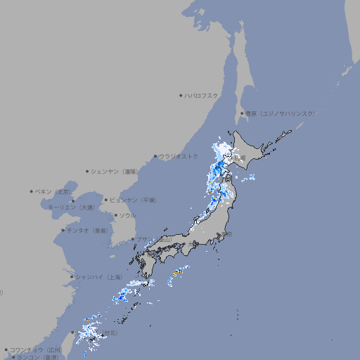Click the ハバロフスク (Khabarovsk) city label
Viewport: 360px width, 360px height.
pyautogui.click(x=202, y=95)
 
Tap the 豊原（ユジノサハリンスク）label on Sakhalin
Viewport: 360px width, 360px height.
pyautogui.click(x=281, y=113)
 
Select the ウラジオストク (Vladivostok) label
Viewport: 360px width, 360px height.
pyautogui.click(x=179, y=156)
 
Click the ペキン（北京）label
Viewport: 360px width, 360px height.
pyautogui.click(x=54, y=191)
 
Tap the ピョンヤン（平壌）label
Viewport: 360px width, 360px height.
pyautogui.click(x=134, y=200)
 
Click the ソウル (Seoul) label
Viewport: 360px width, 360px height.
pyautogui.click(x=127, y=215)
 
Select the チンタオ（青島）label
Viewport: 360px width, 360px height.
pyautogui.click(x=88, y=230)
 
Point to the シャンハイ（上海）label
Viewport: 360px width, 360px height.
pyautogui.click(x=98, y=277)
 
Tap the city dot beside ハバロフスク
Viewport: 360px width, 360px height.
pyautogui.click(x=181, y=95)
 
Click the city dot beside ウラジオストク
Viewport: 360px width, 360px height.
pyautogui.click(x=155, y=156)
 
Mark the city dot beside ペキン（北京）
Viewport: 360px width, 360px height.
pyautogui.click(x=32, y=191)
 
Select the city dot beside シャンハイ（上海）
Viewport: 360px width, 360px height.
pyautogui.click(x=72, y=277)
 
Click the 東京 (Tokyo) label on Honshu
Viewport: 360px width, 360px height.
pyautogui.click(x=229, y=235)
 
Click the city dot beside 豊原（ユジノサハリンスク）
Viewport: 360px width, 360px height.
pyautogui.click(x=241, y=113)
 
